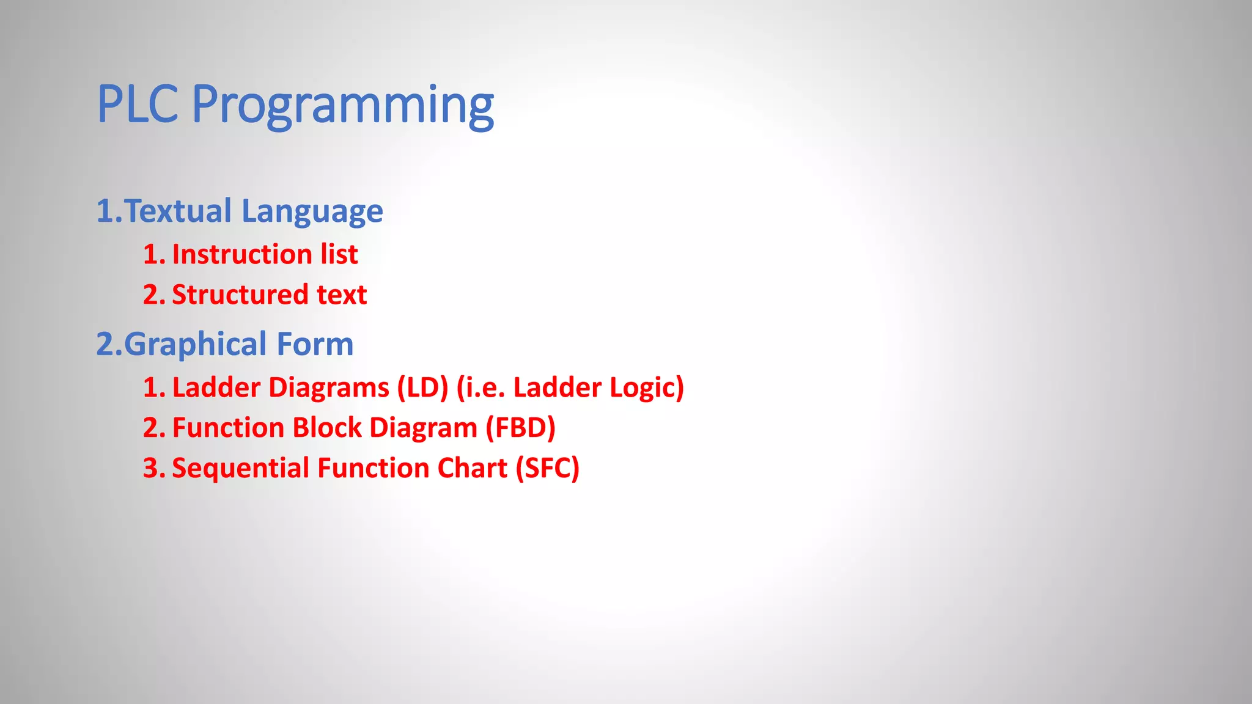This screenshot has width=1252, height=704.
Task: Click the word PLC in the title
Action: coord(138,105)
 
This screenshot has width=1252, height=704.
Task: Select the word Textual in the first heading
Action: coord(178,211)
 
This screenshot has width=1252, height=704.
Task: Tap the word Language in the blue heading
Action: coord(312,211)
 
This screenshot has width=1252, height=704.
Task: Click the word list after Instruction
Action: coord(339,254)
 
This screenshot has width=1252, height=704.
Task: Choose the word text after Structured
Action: coord(342,295)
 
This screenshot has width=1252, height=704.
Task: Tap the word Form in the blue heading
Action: coord(315,345)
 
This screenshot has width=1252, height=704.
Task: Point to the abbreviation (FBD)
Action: coord(520,428)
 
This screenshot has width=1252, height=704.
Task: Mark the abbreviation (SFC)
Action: coord(547,468)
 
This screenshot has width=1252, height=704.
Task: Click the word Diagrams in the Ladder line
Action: coord(329,387)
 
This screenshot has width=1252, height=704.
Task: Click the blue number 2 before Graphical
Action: coord(105,345)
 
